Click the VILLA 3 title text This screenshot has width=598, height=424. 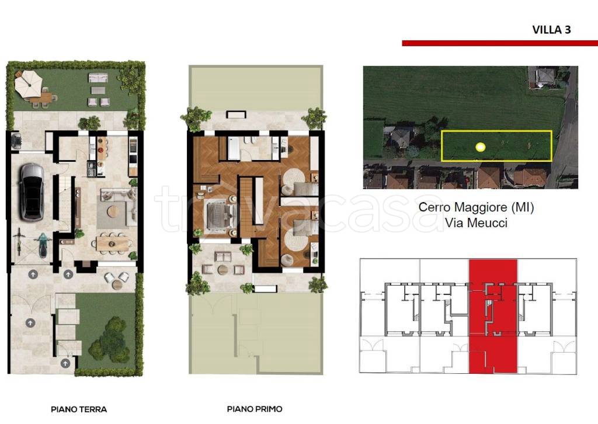(551, 30)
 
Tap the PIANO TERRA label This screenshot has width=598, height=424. (79, 409)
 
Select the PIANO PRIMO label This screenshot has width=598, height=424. (255, 409)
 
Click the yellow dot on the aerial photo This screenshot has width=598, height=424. (480, 147)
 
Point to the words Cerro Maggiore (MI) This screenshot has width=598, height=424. (477, 207)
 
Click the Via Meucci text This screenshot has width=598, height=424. (477, 223)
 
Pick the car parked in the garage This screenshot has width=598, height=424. (32, 192)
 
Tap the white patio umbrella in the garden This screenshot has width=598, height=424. (28, 84)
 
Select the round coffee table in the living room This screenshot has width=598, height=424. (113, 211)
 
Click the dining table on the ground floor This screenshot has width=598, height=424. (113, 244)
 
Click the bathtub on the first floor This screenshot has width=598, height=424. (234, 149)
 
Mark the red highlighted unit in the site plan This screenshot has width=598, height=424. (493, 316)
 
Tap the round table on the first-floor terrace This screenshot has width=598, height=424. (222, 270)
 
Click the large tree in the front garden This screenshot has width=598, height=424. (110, 340)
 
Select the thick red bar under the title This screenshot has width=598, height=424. (500, 43)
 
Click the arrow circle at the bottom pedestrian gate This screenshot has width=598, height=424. (65, 363)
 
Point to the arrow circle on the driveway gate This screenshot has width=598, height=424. (30, 323)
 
